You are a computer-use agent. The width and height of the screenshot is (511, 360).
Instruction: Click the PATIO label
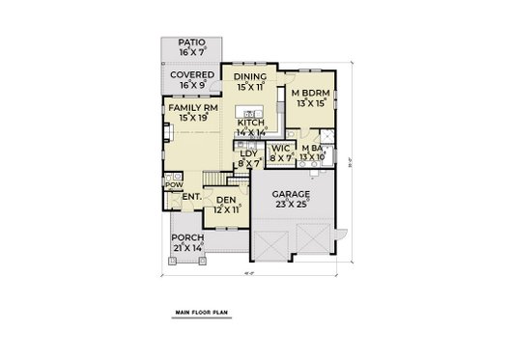[193, 43]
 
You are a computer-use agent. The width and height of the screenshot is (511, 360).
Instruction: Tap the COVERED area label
[193, 74]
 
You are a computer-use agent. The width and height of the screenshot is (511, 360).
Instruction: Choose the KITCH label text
[251, 123]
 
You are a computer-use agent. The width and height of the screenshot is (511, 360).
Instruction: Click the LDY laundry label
[249, 154]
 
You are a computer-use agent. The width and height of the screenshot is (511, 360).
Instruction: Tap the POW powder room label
[174, 184]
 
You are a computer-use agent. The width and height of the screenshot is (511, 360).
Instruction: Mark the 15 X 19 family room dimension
[190, 117]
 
